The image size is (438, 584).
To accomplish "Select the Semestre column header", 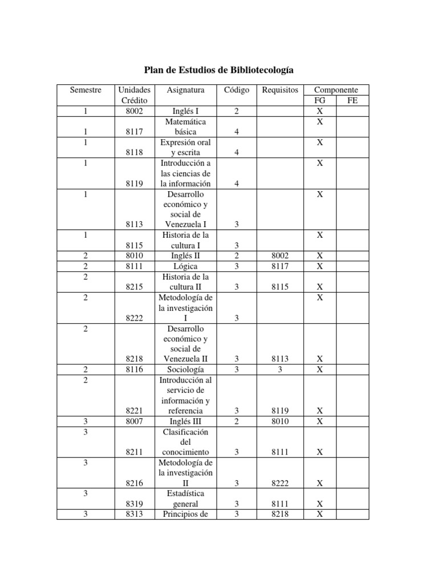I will [86, 90].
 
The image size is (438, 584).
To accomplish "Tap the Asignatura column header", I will [185, 90].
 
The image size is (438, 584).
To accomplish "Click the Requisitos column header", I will [280, 90].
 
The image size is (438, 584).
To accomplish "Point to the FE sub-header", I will [352, 101].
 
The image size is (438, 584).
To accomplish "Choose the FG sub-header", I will [320, 101].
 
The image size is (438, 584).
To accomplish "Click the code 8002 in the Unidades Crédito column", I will [134, 111].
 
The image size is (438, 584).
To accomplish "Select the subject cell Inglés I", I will [185, 111].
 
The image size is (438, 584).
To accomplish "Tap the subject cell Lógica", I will [185, 266].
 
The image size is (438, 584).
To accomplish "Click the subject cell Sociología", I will [185, 369].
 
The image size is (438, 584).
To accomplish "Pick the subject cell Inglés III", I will [185, 421].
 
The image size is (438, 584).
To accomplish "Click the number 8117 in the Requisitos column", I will [280, 266].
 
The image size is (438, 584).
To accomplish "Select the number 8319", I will [134, 504].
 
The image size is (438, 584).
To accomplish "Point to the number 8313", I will [134, 514].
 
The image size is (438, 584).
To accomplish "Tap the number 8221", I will [134, 411].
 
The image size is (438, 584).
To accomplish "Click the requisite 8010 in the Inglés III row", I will [280, 421].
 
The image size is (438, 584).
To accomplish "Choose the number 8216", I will [134, 483].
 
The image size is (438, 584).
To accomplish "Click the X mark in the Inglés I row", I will [320, 111].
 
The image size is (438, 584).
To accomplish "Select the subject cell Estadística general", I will [185, 498].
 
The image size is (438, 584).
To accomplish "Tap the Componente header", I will [336, 90].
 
